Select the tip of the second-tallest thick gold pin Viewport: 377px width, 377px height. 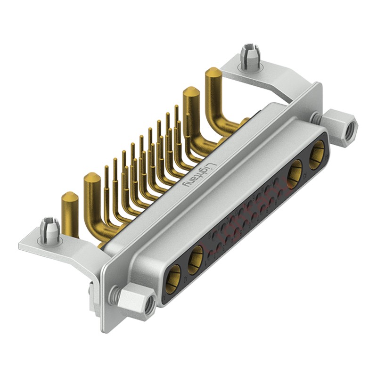pos(190,92)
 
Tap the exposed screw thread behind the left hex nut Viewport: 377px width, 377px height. pos(113,296)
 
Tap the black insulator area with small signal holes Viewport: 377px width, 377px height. pos(245,212)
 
